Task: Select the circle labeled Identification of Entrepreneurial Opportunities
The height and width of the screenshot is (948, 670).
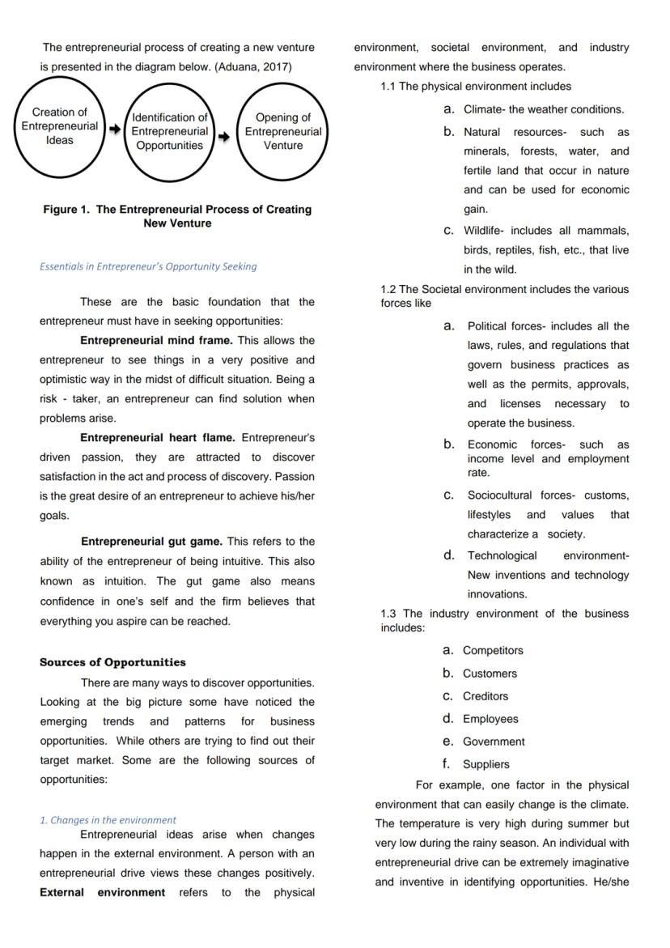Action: click(x=170, y=131)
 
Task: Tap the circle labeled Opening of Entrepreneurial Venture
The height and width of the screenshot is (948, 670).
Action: click(x=283, y=131)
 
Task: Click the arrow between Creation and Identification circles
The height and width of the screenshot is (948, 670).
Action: click(x=115, y=129)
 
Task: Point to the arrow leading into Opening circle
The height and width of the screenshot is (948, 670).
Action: click(x=224, y=136)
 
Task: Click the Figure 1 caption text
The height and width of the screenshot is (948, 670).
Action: click(x=177, y=216)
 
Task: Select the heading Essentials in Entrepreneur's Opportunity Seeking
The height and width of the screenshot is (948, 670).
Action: click(x=148, y=266)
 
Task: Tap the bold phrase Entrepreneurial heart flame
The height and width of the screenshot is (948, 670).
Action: click(x=158, y=438)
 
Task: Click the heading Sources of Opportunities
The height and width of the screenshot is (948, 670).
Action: click(x=112, y=662)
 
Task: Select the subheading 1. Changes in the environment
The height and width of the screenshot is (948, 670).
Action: click(x=108, y=820)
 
